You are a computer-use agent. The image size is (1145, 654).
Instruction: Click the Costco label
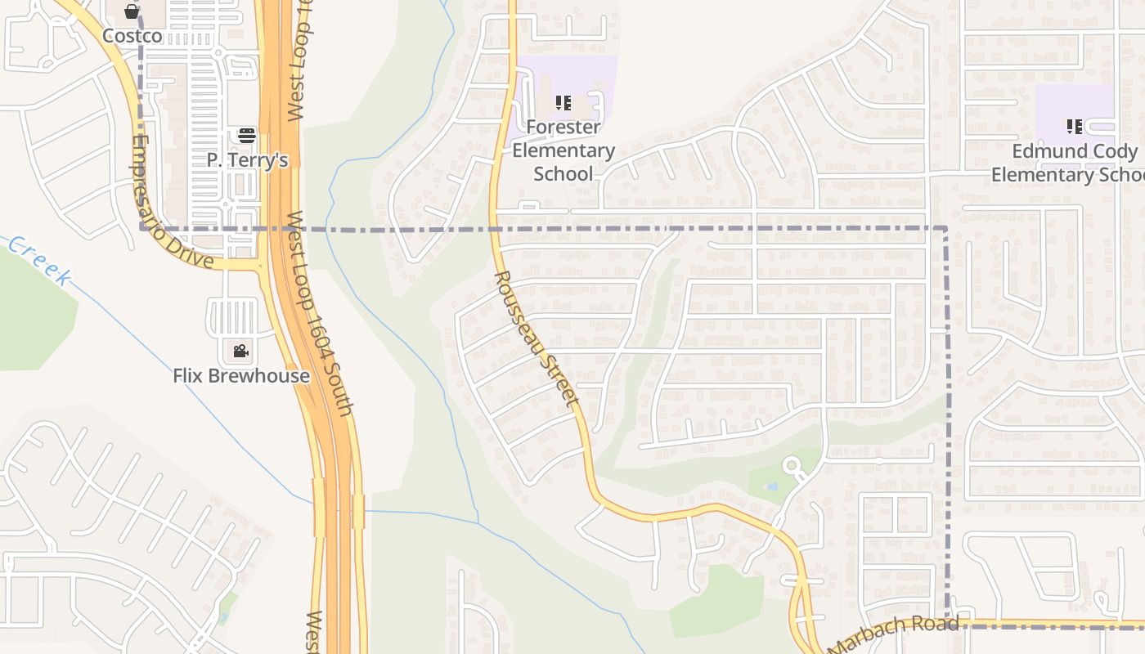pyautogui.click(x=132, y=36)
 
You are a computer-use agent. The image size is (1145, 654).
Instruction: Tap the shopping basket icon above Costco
pyautogui.click(x=132, y=11)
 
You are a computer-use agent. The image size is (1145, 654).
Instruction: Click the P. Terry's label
pyautogui.click(x=247, y=160)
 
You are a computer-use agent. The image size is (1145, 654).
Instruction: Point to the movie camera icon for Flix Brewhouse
pyautogui.click(x=240, y=352)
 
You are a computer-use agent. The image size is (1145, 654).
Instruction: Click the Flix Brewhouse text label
pyautogui.click(x=241, y=376)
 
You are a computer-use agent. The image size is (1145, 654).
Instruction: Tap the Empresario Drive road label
pyautogui.click(x=169, y=203)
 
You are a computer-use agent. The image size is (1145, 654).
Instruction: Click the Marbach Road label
pyautogui.click(x=894, y=634)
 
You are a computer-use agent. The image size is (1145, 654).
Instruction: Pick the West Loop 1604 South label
pyautogui.click(x=321, y=315)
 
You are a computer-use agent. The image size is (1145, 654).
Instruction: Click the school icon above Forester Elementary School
pyautogui.click(x=564, y=103)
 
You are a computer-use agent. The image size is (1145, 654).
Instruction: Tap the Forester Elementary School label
pyautogui.click(x=564, y=150)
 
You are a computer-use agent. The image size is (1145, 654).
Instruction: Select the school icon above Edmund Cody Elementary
pyautogui.click(x=1075, y=127)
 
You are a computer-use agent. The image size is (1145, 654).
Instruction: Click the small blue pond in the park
pyautogui.click(x=771, y=486)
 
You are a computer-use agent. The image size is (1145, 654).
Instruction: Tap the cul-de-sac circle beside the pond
pyautogui.click(x=791, y=467)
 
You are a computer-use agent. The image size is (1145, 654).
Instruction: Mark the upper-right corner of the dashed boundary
pyautogui.click(x=946, y=229)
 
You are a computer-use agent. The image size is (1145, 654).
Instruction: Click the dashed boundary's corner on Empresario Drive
pyautogui.click(x=142, y=228)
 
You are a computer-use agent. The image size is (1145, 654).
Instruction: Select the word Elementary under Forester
pyautogui.click(x=564, y=150)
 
